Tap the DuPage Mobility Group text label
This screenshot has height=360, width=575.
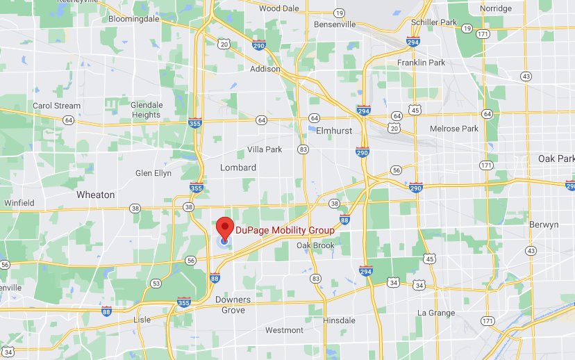285,230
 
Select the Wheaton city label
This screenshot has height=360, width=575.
95,195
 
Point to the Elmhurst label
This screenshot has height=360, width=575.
335,130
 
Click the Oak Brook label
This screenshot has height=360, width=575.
315,245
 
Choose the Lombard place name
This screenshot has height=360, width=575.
238,167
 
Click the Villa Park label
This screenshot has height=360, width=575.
265,149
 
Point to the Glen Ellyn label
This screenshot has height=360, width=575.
153,173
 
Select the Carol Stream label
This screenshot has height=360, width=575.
57,106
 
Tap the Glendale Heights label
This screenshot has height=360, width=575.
146,110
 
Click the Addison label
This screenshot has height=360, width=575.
265,69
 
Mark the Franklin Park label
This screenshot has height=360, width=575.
421,63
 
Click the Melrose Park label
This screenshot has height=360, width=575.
454,129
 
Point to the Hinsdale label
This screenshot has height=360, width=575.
340,320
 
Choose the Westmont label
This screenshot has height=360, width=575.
284,330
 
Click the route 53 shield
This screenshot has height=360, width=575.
156,284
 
